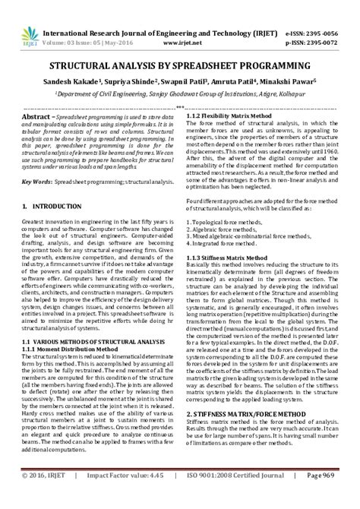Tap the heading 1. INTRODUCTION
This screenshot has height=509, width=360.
click(49, 185)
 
